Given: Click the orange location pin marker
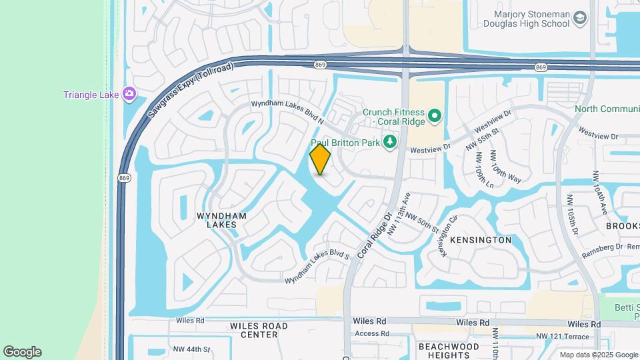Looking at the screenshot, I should coord(321,159).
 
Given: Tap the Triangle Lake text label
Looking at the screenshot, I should coord(91,95).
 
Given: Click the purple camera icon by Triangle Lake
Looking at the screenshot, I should coord(129,95).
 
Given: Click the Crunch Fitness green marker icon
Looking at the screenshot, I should coord(435,117).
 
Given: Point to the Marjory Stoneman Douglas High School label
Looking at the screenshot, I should coord(531,19).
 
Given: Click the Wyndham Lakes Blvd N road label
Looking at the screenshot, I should coord(287,112).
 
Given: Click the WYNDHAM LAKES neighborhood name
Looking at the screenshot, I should coord(221,221).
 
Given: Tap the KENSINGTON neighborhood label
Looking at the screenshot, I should coord(481,240).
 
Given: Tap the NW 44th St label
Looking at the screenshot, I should coord(191,349).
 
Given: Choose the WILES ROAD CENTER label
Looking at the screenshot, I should coord(259,330).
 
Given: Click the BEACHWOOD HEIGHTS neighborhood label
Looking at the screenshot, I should coord(449,351).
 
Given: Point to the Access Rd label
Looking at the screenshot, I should coord(372,333).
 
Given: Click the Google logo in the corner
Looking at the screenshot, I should coord(22,352).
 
